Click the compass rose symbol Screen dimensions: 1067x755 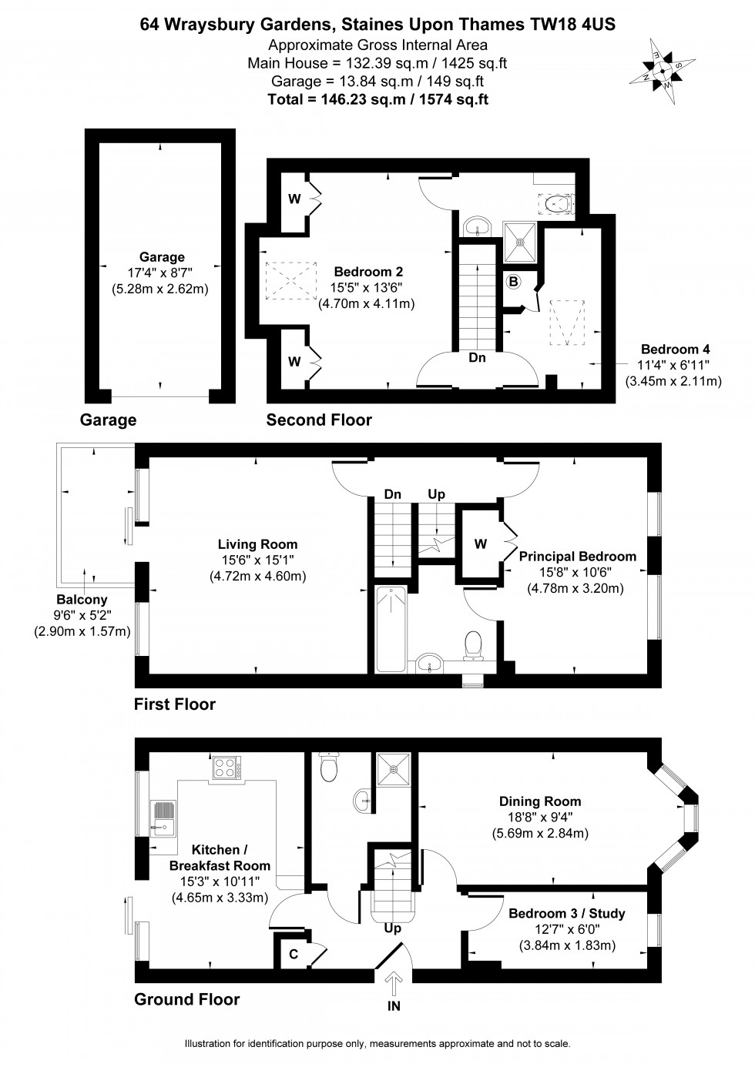click(662, 70)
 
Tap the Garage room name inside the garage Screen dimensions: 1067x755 click(162, 257)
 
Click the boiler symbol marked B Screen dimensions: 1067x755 click(513, 282)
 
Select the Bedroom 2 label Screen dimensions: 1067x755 click(367, 272)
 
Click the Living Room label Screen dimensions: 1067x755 click(257, 544)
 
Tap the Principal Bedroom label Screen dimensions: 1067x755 click(577, 556)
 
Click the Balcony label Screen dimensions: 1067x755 click(82, 600)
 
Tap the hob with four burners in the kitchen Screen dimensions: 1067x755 click(226, 768)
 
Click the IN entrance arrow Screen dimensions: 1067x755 click(394, 983)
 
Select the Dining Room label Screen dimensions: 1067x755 click(539, 801)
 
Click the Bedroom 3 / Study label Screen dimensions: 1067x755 click(566, 914)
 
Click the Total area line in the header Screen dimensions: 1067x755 click(377, 99)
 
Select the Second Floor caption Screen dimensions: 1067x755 click(319, 420)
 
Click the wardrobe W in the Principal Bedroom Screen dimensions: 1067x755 click(481, 544)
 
